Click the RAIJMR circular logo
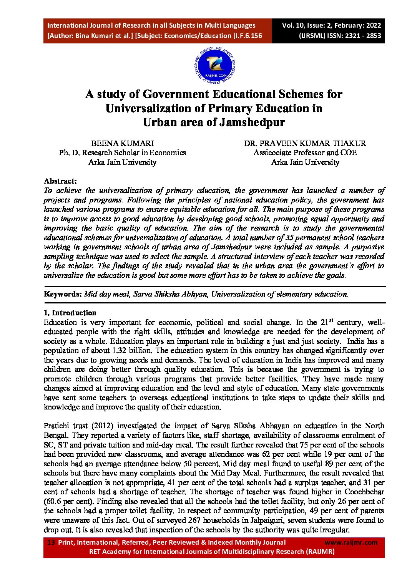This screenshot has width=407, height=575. pos(215,66)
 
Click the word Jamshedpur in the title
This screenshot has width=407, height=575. pos(252,122)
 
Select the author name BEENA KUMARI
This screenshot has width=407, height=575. pos(122,143)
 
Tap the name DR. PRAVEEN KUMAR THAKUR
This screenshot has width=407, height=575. pos(305,143)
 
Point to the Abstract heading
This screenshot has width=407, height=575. pos(60,181)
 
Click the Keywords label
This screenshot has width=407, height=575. pos(63,294)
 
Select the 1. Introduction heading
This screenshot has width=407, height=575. pos(70,313)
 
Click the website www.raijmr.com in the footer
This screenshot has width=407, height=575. pos(351,542)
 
